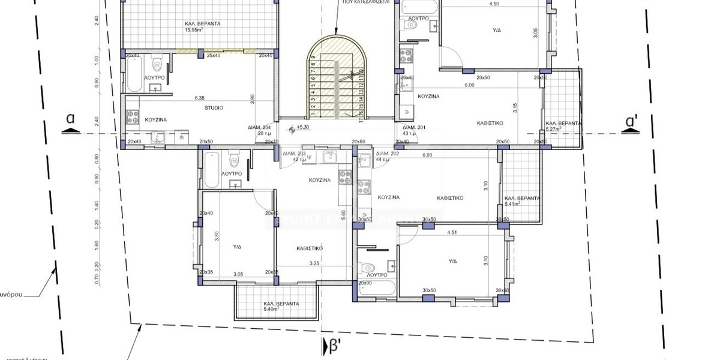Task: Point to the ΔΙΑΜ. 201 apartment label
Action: click(x=413, y=128)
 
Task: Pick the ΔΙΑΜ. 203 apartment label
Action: click(x=293, y=154)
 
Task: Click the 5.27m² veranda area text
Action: click(x=554, y=129)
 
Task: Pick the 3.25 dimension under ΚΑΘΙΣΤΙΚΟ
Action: click(x=314, y=263)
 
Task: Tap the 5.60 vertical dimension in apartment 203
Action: click(x=343, y=212)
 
